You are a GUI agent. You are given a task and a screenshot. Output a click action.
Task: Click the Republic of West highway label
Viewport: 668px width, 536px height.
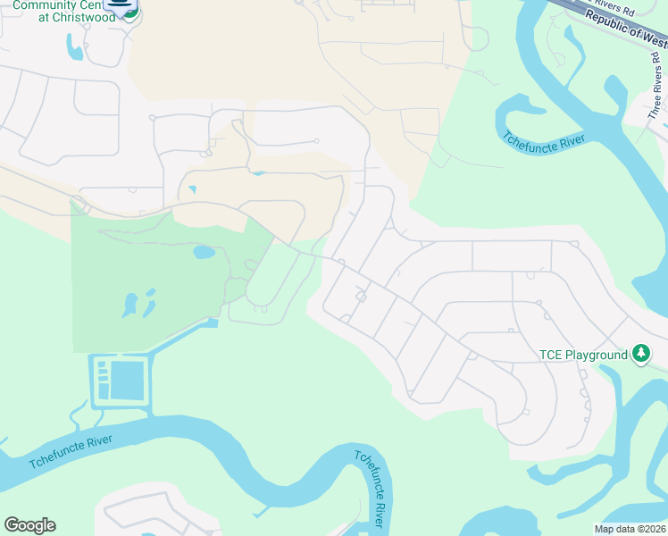point(625,25)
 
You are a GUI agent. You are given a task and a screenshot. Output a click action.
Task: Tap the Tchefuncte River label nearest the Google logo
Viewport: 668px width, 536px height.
point(71,451)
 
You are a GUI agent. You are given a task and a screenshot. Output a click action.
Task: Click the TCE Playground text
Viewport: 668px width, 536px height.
point(583,355)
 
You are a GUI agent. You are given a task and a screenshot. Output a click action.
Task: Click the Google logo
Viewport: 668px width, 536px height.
point(29,525)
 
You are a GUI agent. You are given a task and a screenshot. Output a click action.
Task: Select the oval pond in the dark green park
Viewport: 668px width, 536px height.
point(204,252)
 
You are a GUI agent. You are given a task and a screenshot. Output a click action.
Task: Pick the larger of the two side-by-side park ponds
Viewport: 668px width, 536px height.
point(129,305)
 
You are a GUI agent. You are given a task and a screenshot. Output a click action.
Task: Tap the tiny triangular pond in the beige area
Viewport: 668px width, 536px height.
point(192,189)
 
